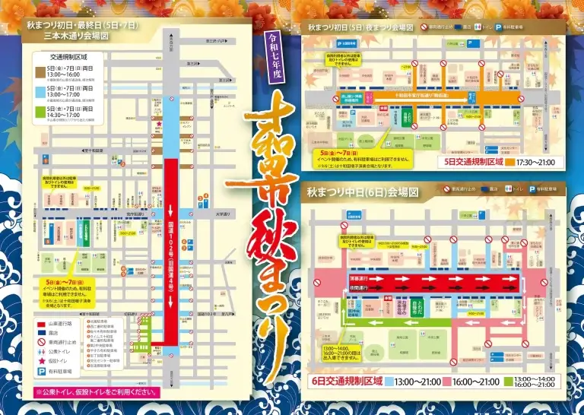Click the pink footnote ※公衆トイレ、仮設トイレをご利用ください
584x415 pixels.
(97, 393)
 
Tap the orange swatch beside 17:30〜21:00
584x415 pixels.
(502, 163)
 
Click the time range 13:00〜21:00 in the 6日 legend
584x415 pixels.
(415, 382)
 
